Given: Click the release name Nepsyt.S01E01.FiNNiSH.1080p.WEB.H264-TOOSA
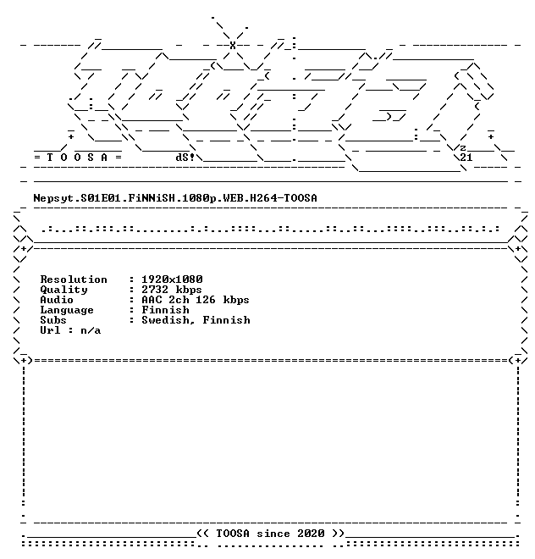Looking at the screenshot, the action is (x=175, y=198).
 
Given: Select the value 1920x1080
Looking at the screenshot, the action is (x=172, y=279).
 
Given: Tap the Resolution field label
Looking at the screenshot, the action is (x=74, y=279).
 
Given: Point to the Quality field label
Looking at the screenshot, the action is (x=63, y=290).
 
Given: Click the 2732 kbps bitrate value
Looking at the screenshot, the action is (x=172, y=290).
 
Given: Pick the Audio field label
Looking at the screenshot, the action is (x=57, y=300).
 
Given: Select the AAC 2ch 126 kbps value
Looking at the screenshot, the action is (x=196, y=300).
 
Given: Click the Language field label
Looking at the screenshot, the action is (x=67, y=310).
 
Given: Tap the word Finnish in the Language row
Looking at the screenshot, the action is (x=165, y=310).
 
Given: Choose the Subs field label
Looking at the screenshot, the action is (x=53, y=320).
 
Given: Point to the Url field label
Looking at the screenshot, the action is (x=50, y=330).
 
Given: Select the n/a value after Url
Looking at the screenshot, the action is (x=91, y=331).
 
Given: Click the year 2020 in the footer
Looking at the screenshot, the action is (x=311, y=534).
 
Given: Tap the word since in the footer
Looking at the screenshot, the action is (x=273, y=534).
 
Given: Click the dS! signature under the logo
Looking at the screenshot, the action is (x=185, y=158).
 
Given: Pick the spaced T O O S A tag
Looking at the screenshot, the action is (x=77, y=158).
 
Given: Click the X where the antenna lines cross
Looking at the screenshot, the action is (x=233, y=45).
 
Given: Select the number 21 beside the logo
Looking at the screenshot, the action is (x=466, y=158).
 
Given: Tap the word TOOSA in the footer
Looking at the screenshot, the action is (x=233, y=534).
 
